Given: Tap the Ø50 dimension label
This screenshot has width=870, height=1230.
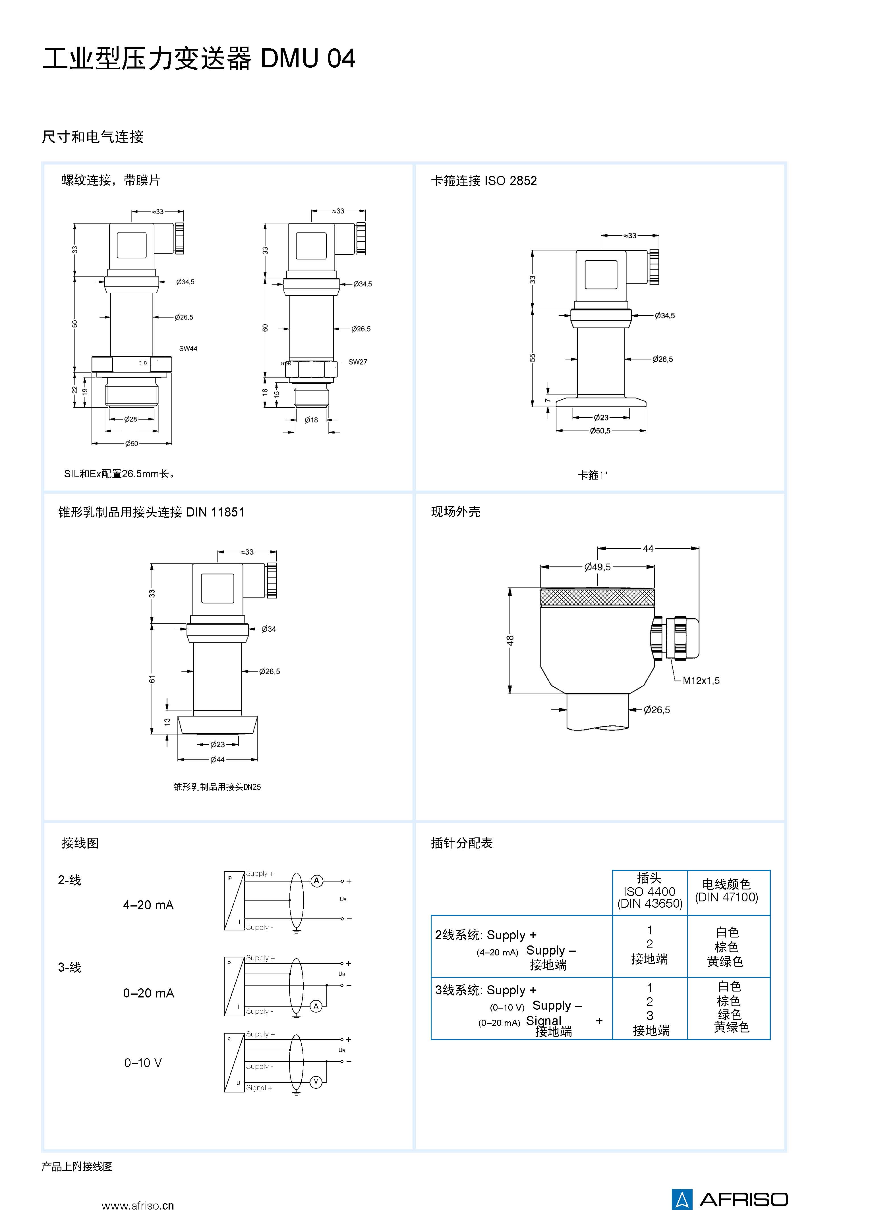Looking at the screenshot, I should click(x=131, y=443).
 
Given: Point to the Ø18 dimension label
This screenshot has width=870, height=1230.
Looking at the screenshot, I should click(x=311, y=420).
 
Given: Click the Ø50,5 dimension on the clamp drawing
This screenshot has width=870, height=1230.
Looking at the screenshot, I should click(x=600, y=431).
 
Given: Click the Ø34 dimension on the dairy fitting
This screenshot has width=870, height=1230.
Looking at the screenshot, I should click(x=268, y=629).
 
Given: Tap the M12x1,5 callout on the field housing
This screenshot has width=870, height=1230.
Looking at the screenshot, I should click(x=701, y=681).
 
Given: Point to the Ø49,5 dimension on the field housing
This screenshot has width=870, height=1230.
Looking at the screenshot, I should click(x=597, y=567).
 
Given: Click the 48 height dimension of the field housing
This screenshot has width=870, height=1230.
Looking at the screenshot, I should click(x=511, y=640).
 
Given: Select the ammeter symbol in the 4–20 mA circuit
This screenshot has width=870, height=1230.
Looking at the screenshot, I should click(x=317, y=881).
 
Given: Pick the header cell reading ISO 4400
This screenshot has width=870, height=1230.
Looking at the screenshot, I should click(x=649, y=891).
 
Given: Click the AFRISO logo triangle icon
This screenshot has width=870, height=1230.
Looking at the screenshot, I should click(x=682, y=1200).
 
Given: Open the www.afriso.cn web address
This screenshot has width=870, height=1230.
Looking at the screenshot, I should click(x=138, y=1206).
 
